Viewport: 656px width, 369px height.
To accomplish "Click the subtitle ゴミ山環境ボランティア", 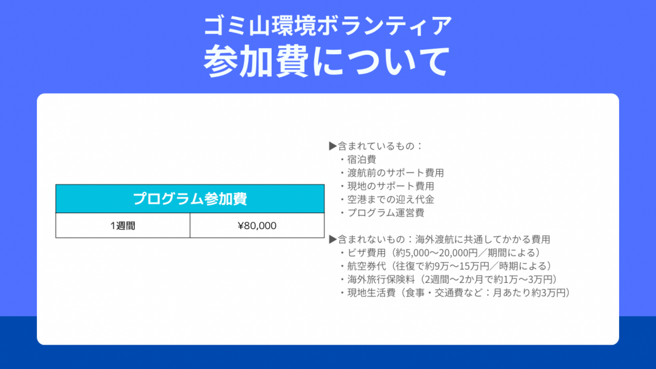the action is [x=327, y=26].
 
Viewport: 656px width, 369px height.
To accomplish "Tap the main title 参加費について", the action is [x=327, y=61].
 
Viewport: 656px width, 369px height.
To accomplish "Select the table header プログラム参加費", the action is [x=190, y=199].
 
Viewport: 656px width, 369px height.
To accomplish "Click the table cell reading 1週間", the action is [x=122, y=225].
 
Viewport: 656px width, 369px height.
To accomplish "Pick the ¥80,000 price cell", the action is [x=257, y=225].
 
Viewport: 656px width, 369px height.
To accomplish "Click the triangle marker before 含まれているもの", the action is [x=333, y=146].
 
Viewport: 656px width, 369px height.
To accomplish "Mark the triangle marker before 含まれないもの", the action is [x=333, y=240].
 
